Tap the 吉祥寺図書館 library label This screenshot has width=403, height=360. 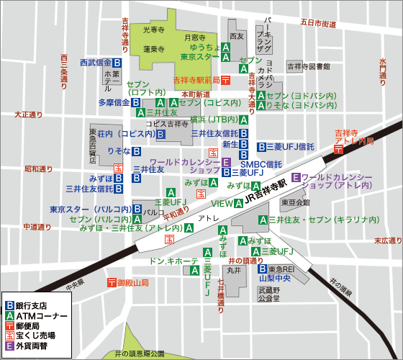click(x=308, y=66)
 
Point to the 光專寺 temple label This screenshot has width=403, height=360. click(x=154, y=30)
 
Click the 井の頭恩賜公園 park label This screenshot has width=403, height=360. click(x=140, y=354)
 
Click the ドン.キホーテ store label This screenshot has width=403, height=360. click(x=173, y=261)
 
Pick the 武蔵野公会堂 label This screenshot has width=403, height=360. click(x=268, y=293)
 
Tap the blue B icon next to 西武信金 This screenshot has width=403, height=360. click(x=117, y=63)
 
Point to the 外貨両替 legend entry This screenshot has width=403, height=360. click(x=32, y=346)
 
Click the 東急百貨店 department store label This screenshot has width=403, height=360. click(x=94, y=147)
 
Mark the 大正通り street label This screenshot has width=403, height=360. click(x=29, y=114)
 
